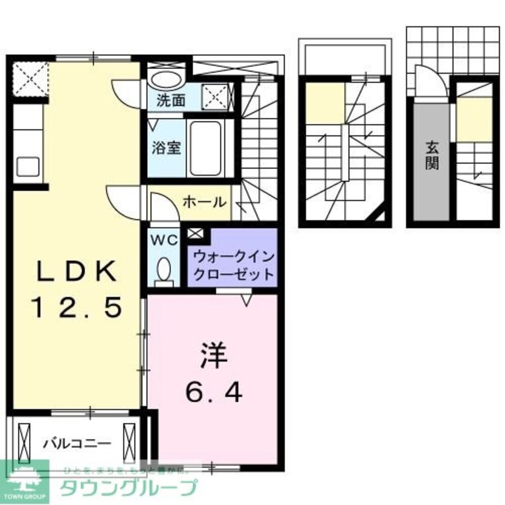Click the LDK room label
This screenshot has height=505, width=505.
coord(76,273)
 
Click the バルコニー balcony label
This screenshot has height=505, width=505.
coord(76,444)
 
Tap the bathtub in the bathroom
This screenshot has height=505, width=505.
coord(205,148)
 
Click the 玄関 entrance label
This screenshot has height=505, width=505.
coord(431,155)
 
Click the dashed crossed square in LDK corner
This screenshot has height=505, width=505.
coord(30,78)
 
